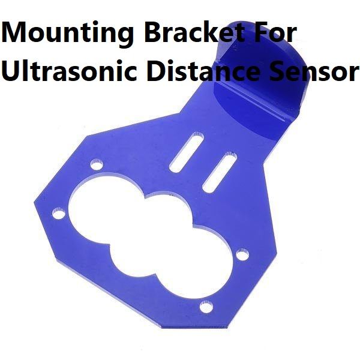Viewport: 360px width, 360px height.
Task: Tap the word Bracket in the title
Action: (181, 34)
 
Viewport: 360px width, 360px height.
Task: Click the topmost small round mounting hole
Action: (96, 163)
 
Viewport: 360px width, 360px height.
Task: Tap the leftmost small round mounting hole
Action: (58, 213)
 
